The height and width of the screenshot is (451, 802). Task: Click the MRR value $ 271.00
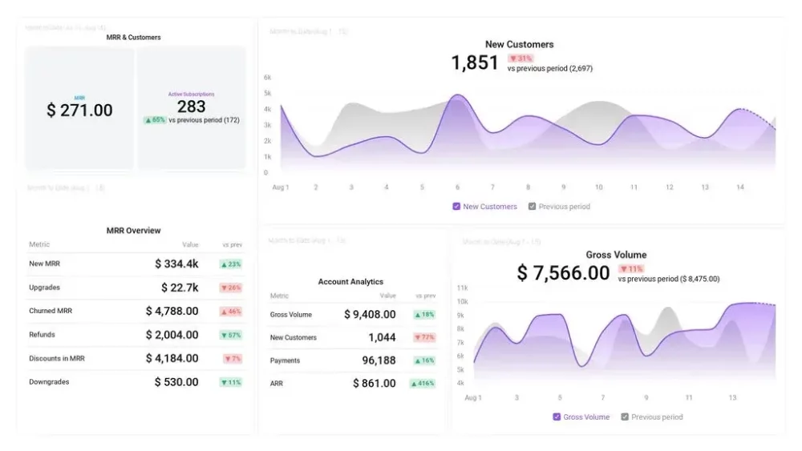click(x=79, y=111)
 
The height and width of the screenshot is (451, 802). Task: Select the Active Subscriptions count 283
click(x=191, y=107)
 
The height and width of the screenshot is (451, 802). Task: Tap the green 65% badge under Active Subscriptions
click(x=155, y=120)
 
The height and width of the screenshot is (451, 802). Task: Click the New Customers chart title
click(x=519, y=45)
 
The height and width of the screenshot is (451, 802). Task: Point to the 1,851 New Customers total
click(x=475, y=63)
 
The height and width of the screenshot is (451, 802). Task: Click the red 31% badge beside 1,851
click(x=520, y=58)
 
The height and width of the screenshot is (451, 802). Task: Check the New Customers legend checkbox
click(x=456, y=207)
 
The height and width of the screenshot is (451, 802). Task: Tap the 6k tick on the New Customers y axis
click(x=268, y=78)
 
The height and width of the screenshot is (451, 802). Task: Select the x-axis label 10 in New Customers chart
click(x=598, y=187)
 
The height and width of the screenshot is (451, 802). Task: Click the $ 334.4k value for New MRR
click(x=176, y=264)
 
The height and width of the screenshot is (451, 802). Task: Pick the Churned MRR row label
click(x=51, y=311)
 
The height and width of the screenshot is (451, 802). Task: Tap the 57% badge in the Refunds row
click(x=231, y=335)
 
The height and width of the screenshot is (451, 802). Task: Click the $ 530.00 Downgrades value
click(x=176, y=382)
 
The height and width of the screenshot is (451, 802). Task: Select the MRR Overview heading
click(x=133, y=231)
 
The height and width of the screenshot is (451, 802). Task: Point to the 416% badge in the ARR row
click(x=423, y=384)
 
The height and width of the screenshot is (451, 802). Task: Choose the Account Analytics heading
click(x=350, y=282)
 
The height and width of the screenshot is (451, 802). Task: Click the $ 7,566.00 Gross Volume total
click(x=563, y=273)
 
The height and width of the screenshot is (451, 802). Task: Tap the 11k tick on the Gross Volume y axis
click(x=462, y=288)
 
